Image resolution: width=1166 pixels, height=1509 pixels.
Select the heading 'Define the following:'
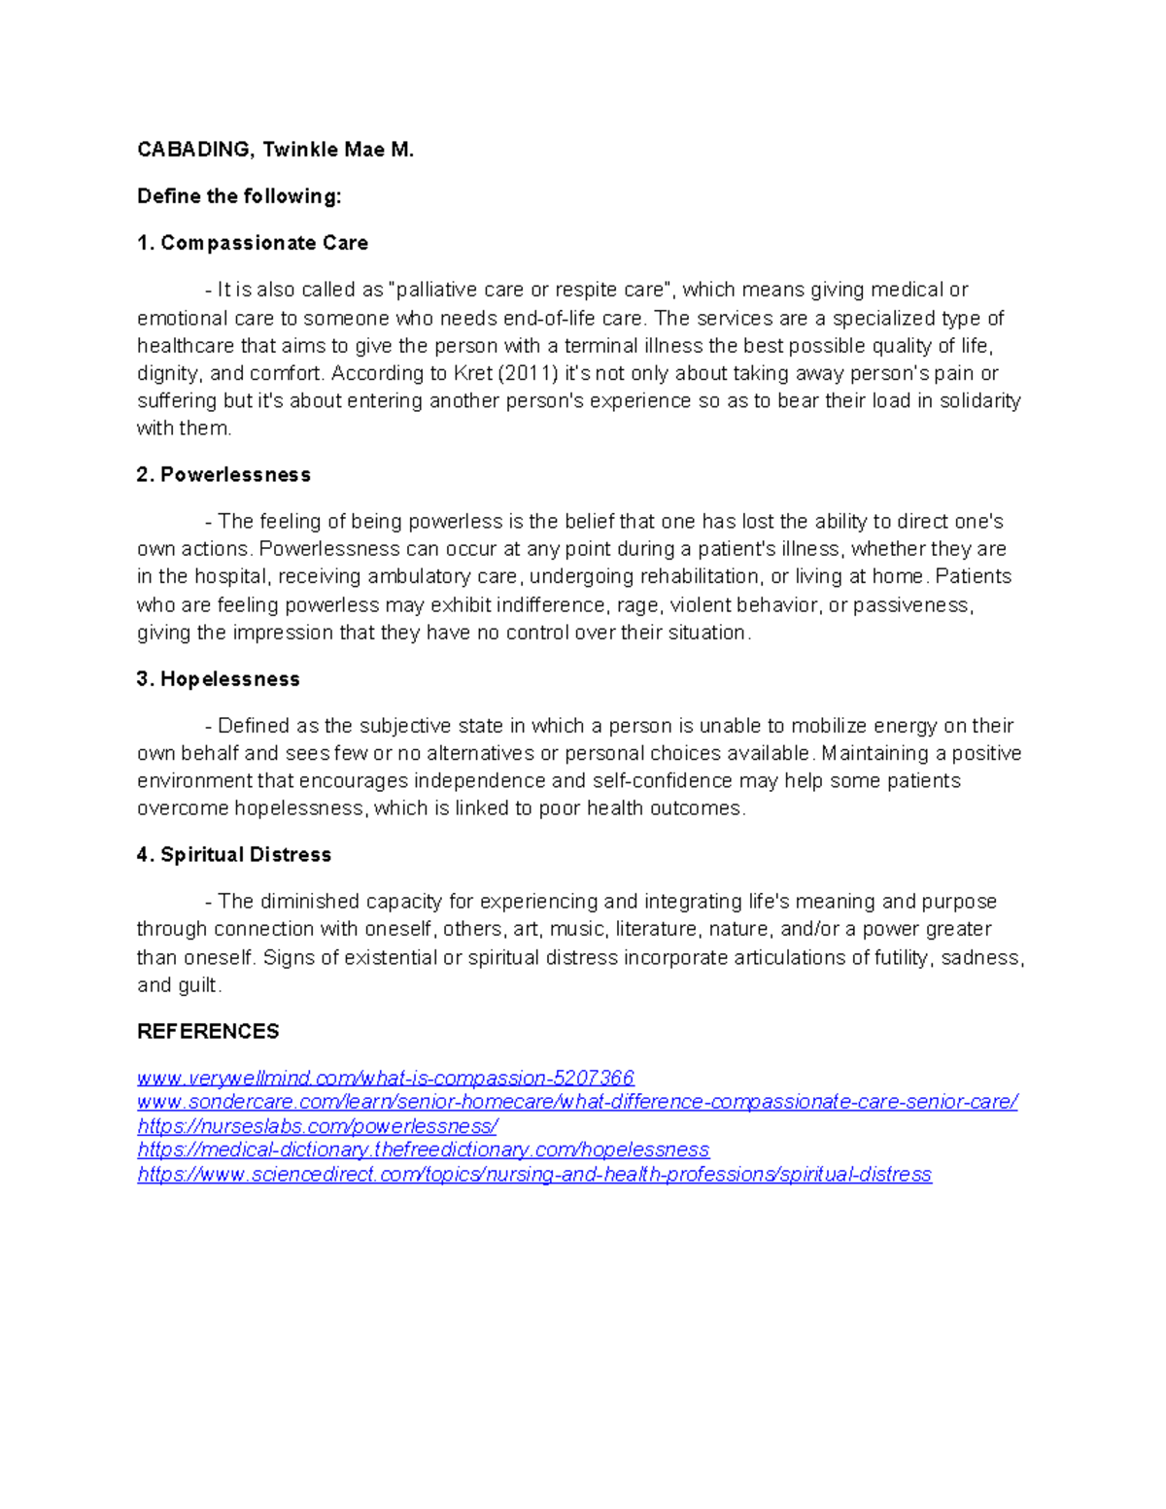(x=239, y=196)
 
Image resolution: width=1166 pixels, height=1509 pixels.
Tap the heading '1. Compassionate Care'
(x=253, y=243)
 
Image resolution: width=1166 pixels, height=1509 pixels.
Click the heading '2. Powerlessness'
(x=223, y=475)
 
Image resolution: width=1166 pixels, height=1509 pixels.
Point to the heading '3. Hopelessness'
(x=219, y=679)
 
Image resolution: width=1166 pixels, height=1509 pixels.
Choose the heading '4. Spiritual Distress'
(x=234, y=855)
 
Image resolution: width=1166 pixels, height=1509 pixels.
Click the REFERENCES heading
(x=208, y=1031)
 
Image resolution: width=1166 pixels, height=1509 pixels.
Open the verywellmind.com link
(x=386, y=1078)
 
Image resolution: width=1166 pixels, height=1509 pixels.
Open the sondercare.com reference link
(x=577, y=1102)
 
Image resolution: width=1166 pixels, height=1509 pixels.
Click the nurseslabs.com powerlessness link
(x=318, y=1126)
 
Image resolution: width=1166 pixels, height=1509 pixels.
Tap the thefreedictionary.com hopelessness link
(x=424, y=1149)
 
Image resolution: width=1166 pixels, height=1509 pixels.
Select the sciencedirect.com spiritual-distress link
(x=534, y=1174)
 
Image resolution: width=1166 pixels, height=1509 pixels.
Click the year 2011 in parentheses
(x=524, y=374)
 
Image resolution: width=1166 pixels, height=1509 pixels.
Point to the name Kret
(x=473, y=374)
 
